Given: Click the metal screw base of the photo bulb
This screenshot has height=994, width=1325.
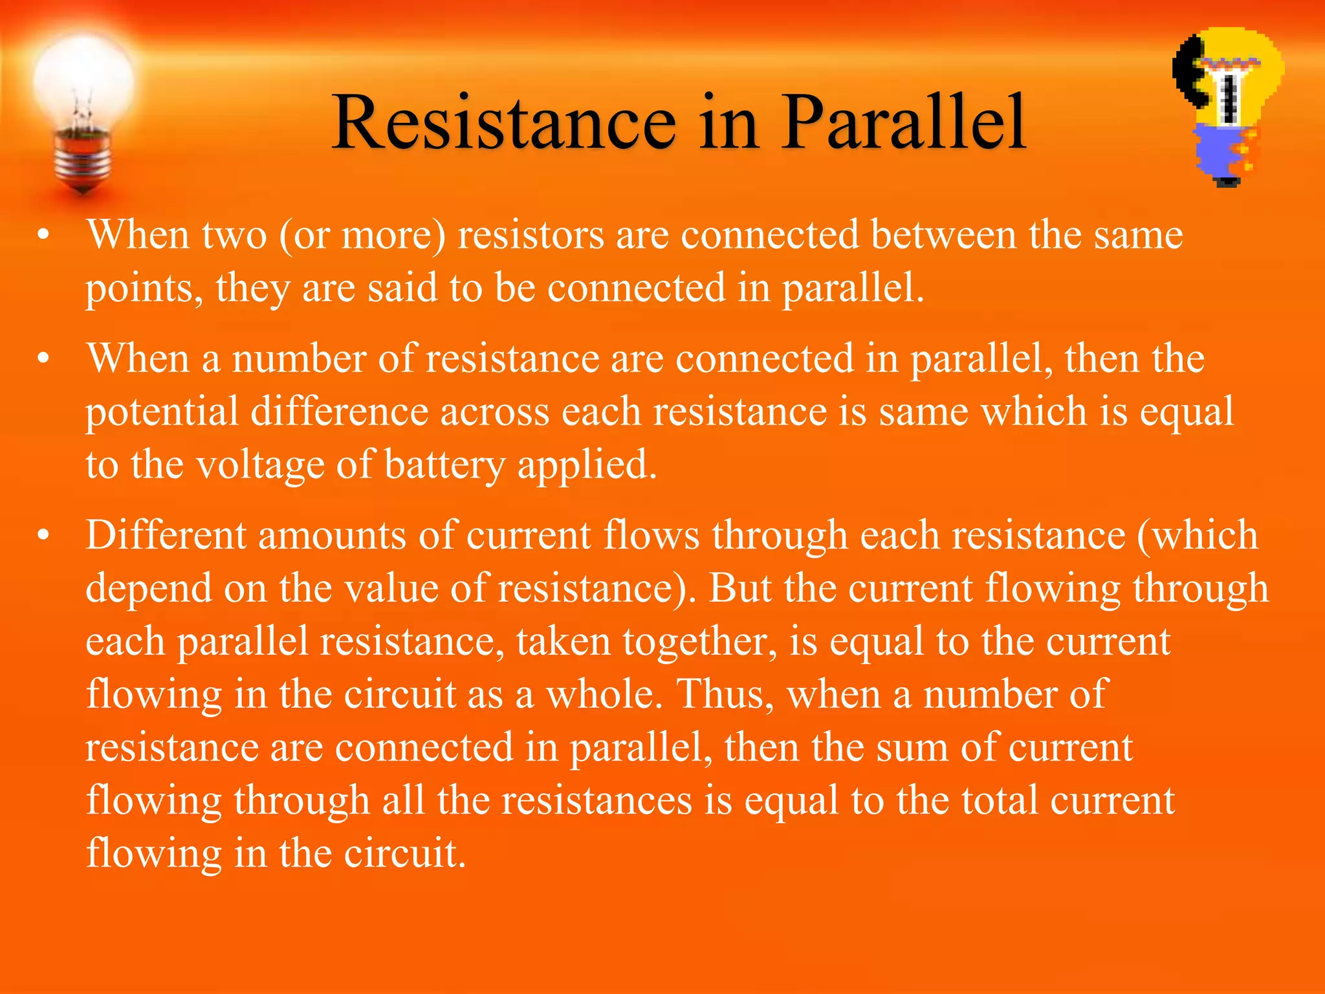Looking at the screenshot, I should (82, 159).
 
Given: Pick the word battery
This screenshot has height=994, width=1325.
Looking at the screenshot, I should (444, 465).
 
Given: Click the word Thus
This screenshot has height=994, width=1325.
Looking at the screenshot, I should (725, 694).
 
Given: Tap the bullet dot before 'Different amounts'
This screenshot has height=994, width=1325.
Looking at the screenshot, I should (43, 536).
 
